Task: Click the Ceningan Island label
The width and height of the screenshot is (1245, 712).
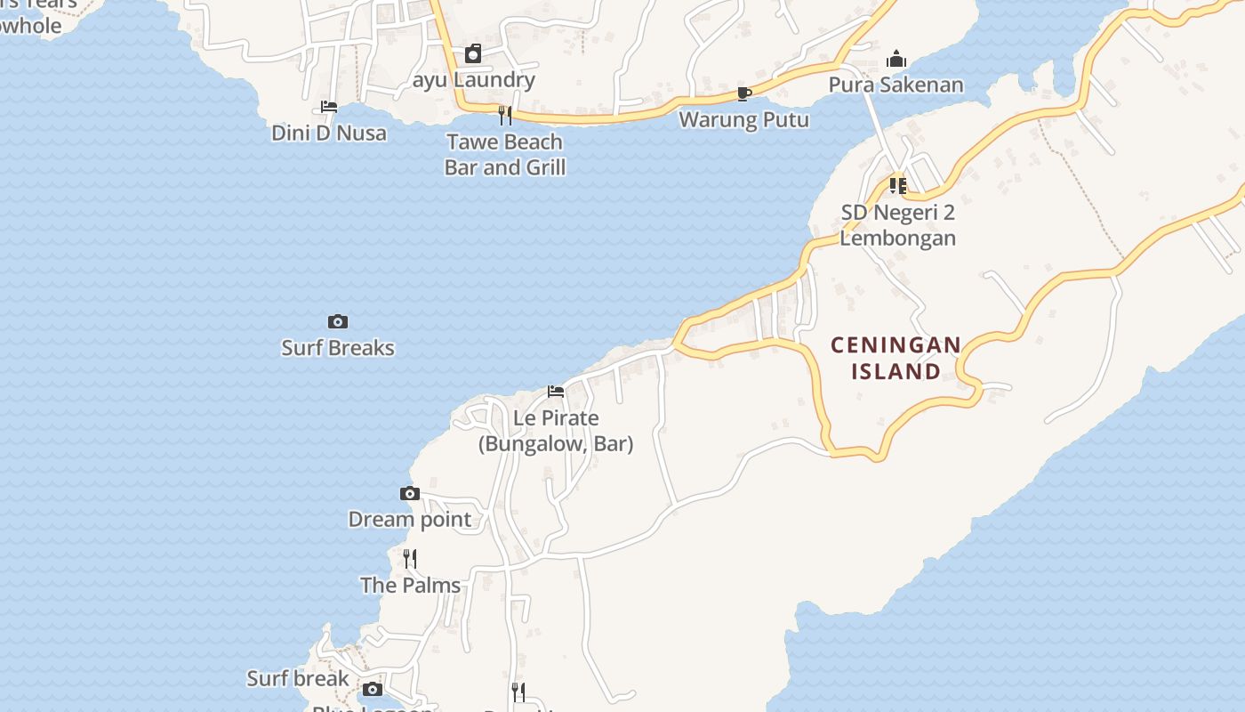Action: pos(896,358)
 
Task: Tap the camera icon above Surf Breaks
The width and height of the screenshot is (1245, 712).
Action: pos(338,321)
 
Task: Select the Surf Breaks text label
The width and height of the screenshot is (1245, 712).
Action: pos(338,348)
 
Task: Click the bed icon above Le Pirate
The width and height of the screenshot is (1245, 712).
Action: pos(556,392)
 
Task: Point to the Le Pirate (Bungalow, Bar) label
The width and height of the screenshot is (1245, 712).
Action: pos(556,431)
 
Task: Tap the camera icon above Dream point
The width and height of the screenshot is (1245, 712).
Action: pos(409,493)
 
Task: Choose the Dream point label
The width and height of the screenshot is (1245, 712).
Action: pos(410,520)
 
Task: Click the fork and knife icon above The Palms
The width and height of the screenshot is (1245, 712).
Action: pos(410,558)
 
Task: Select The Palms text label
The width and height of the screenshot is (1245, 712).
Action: pos(411,586)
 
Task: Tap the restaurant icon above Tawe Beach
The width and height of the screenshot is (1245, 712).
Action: pos(505,115)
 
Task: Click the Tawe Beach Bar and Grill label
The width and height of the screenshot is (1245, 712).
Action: pos(505,155)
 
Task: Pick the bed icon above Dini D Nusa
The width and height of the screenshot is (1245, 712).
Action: pos(329,107)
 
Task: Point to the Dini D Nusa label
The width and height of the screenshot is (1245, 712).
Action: pos(329,133)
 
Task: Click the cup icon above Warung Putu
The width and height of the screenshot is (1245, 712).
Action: pos(744,93)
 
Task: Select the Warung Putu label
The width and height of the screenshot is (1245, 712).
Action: pos(744,119)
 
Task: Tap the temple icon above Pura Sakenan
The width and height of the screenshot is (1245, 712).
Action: pos(896,60)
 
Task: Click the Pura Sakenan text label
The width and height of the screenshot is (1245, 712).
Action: pos(896,85)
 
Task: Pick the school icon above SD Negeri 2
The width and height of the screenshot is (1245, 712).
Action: pos(898,186)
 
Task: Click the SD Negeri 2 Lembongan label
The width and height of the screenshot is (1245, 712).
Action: pos(898,225)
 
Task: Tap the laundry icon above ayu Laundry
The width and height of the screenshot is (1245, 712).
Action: pos(473,54)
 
